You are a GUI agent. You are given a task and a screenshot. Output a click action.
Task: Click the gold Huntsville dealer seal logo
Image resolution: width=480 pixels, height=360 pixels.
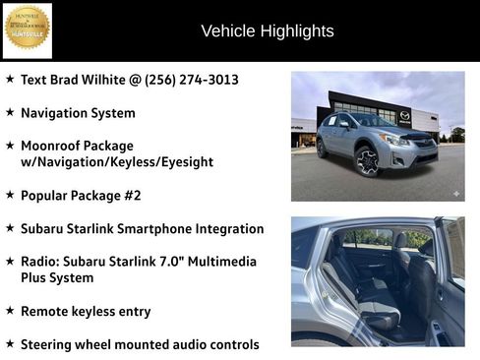[x=28, y=30]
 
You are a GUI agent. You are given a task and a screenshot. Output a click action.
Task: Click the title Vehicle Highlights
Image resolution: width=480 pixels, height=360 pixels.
[x=267, y=30]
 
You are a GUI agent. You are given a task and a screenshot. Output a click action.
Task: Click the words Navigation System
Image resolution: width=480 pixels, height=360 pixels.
[x=78, y=113]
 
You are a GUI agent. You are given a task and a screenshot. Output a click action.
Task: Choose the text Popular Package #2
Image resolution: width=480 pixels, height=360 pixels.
[x=81, y=196]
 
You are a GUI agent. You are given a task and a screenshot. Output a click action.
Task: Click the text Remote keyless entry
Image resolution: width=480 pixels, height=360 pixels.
[x=86, y=311]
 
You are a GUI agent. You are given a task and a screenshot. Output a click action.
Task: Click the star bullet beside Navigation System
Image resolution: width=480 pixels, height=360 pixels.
[x=10, y=113]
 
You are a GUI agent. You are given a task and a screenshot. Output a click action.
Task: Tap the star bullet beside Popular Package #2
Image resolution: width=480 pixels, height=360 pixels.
[x=10, y=196]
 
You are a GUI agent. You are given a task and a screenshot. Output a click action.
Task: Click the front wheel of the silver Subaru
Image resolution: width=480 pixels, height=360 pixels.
[x=367, y=160]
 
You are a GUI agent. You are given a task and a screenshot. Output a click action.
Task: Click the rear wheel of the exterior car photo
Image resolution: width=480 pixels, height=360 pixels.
[x=323, y=148]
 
